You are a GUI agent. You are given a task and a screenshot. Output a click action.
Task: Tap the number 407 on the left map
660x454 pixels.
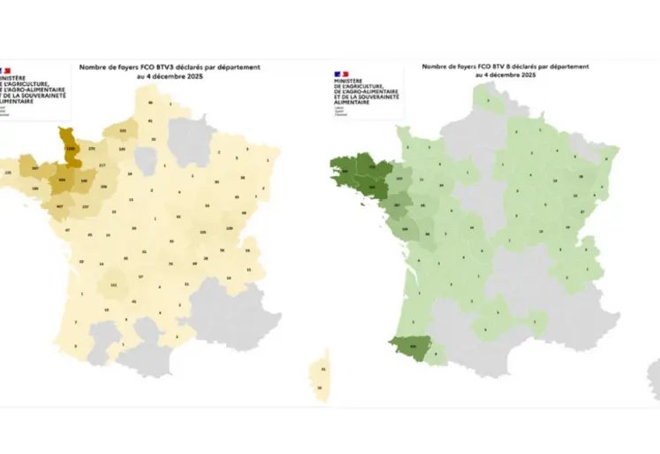click(x=59, y=207)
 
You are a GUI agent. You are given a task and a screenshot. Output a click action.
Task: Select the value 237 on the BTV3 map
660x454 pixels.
click(x=85, y=207)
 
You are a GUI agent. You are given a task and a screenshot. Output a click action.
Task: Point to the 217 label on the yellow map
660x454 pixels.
click(x=102, y=166)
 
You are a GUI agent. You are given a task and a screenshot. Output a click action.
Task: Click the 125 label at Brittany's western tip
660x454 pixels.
click(x=8, y=172)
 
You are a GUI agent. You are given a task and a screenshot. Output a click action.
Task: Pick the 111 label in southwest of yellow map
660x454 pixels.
click(x=113, y=285)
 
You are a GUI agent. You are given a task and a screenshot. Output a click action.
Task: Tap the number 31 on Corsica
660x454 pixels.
click(x=323, y=369)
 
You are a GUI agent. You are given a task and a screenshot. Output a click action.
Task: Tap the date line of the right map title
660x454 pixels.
click(x=504, y=76)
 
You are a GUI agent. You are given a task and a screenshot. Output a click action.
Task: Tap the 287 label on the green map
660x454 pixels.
click(x=398, y=207)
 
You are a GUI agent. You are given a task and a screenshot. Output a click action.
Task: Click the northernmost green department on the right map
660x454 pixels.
click(x=486, y=100)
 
